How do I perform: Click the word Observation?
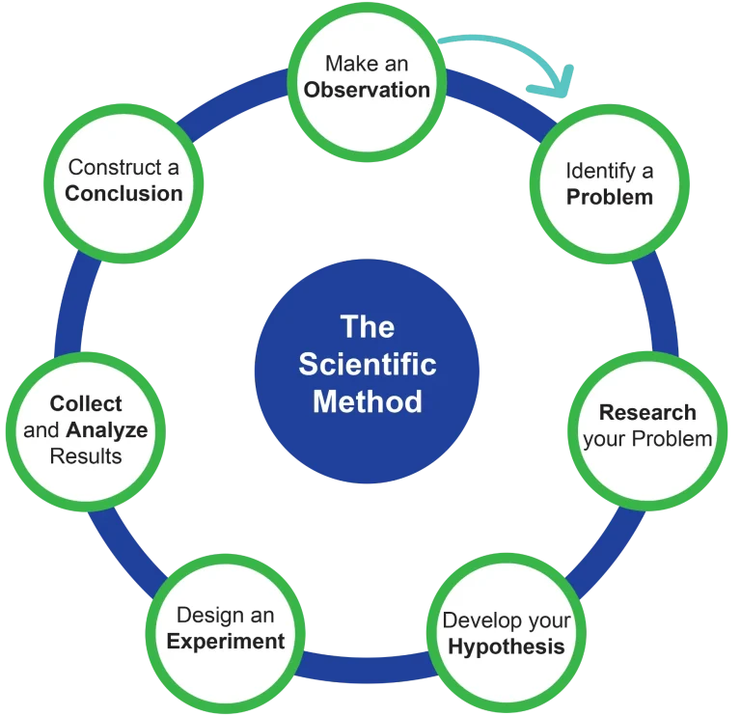click(367, 90)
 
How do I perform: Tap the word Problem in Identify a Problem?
click(609, 197)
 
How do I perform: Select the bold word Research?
click(646, 413)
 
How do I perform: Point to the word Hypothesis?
click(506, 647)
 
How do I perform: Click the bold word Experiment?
click(226, 641)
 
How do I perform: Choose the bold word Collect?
click(86, 403)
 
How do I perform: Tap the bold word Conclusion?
click(123, 193)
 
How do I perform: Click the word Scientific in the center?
click(367, 365)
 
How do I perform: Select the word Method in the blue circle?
click(367, 400)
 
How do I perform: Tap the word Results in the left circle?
click(86, 455)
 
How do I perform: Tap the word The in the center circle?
click(368, 326)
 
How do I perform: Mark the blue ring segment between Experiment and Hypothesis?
click(365, 666)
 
